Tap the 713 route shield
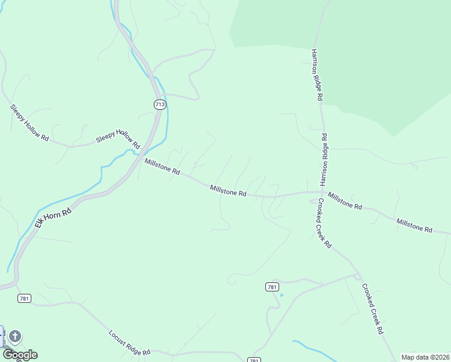[x=159, y=104]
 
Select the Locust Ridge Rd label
[x=130, y=343]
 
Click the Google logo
[x=20, y=355]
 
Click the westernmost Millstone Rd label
[x=162, y=167]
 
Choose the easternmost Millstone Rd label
[x=414, y=226]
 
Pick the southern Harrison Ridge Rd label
[x=324, y=159]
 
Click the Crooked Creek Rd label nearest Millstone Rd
[x=324, y=223]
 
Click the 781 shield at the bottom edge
[x=254, y=360]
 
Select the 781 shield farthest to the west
[x=24, y=298]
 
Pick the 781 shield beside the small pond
[x=271, y=287]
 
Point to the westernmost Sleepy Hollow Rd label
[x=29, y=122]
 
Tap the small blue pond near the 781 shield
[x=281, y=295]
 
